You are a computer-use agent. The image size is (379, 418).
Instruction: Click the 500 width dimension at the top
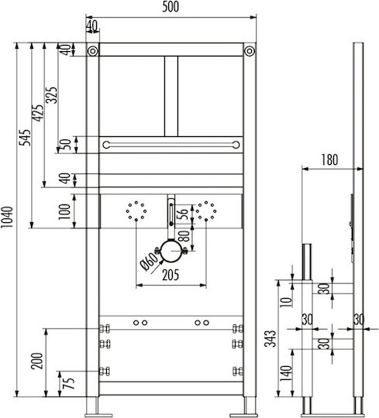pyautogui.click(x=171, y=7)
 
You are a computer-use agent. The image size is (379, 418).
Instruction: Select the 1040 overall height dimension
pyautogui.click(x=7, y=217)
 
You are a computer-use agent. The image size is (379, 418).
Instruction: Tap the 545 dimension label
pyautogui.click(x=26, y=138)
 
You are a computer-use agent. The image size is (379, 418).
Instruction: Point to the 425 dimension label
pyautogui.click(x=38, y=113)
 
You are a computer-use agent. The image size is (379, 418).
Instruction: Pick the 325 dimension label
pyautogui.click(x=51, y=95)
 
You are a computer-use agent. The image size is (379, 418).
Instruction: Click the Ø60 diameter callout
pyautogui.click(x=150, y=262)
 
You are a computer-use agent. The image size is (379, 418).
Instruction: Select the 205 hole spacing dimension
pyautogui.click(x=171, y=275)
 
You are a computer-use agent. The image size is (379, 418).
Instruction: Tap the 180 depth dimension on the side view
pyautogui.click(x=329, y=159)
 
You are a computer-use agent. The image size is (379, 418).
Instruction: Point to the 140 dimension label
pyautogui.click(x=286, y=374)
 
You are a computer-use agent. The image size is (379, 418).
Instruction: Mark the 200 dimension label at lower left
pyautogui.click(x=37, y=361)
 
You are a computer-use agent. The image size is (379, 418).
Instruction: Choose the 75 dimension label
pyautogui.click(x=70, y=383)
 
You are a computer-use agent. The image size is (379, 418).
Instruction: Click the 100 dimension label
pyautogui.click(x=64, y=211)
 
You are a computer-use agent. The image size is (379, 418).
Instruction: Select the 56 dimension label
pyautogui.click(x=183, y=214)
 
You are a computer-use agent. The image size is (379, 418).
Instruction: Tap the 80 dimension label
pyautogui.click(x=184, y=236)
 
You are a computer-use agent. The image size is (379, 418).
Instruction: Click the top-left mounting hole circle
pyautogui.click(x=92, y=50)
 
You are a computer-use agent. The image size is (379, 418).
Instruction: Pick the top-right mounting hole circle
pyautogui.click(x=250, y=50)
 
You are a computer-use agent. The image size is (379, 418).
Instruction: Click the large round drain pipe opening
pyautogui.click(x=171, y=251)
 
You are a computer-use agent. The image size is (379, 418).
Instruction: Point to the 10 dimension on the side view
pyautogui.click(x=286, y=302)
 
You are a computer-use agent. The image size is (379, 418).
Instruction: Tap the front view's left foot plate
pyautogui.click(x=98, y=416)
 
